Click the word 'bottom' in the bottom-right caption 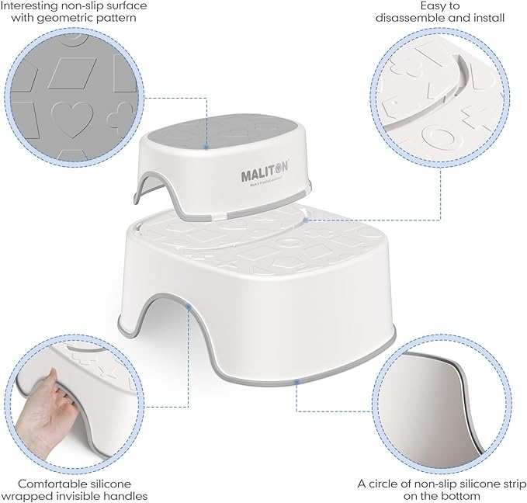click(461, 495)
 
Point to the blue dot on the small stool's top click(206, 146)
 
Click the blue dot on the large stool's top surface click(308, 219)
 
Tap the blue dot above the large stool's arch click(190, 308)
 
